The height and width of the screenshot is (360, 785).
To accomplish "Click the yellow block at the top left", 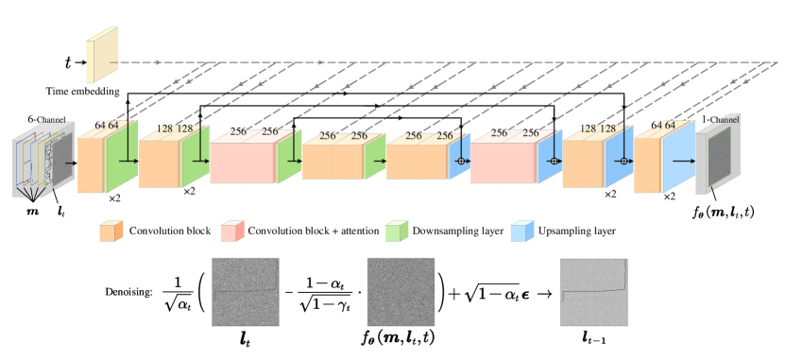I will click(102, 55).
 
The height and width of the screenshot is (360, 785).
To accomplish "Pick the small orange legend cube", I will click(111, 231).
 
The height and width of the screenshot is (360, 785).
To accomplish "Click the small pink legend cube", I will click(231, 231).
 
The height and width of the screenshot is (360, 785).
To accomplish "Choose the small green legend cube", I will click(396, 231).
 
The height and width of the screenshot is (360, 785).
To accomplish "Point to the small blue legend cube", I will click(521, 231).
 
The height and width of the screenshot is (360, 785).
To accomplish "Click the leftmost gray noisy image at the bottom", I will click(246, 292).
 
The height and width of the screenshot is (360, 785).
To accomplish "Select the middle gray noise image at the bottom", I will click(401, 292).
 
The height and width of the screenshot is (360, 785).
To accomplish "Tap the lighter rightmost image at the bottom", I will click(593, 292).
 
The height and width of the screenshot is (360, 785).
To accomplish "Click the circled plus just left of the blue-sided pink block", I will click(461, 162).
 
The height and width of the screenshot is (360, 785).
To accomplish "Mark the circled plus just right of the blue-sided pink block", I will click(554, 162).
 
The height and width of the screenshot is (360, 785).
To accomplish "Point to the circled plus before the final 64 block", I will click(623, 162).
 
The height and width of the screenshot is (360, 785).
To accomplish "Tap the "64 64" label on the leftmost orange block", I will click(106, 126).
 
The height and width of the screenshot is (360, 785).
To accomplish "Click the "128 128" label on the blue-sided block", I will click(600, 129).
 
